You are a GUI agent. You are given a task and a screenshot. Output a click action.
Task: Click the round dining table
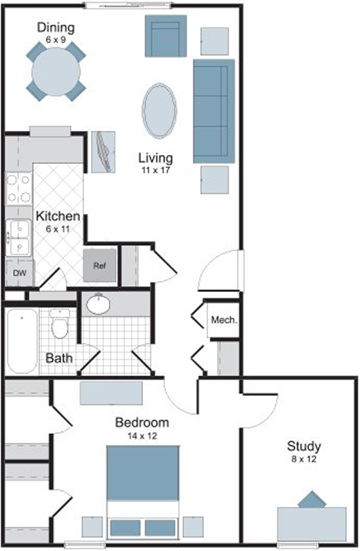click(56, 72)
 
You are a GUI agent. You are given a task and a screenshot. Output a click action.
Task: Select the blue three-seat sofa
click(214, 111)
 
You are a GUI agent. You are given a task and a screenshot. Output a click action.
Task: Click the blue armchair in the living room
click(166, 36)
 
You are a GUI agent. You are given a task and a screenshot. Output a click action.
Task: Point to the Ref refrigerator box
click(100, 265)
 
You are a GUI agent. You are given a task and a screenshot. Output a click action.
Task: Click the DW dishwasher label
click(20, 273)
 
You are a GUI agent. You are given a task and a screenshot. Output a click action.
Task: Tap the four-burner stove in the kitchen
click(19, 189)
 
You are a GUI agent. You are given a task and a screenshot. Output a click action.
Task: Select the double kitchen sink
click(19, 238)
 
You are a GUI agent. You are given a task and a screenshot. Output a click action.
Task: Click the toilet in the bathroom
click(60, 324)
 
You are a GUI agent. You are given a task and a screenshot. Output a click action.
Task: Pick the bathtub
click(23, 341)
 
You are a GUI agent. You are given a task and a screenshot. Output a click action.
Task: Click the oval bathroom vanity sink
click(98, 304)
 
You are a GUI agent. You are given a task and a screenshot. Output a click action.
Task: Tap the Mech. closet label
click(224, 320)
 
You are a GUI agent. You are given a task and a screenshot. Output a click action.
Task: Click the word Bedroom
click(142, 422)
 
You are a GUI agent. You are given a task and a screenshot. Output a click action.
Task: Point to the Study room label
click(304, 446)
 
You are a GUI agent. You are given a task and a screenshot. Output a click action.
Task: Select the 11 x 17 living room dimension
click(156, 170)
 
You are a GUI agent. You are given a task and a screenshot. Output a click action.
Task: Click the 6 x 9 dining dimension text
click(56, 40)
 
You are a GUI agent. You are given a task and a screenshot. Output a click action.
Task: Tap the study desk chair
click(312, 499)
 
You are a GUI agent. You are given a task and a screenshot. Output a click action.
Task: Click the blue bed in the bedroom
click(143, 492)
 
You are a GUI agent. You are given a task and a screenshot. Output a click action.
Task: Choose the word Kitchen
click(58, 216)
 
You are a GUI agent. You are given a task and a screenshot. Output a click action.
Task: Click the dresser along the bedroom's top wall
click(112, 393)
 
